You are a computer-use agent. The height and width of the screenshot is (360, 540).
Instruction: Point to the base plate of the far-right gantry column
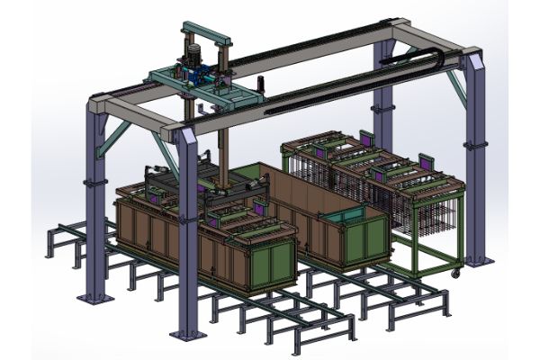click(x=478, y=262)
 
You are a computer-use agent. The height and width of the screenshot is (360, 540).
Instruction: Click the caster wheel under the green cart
click(x=457, y=272)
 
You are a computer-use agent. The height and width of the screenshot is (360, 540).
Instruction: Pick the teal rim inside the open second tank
click(x=343, y=216)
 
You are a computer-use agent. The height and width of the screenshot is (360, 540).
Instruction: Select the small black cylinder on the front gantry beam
click(x=201, y=111)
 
